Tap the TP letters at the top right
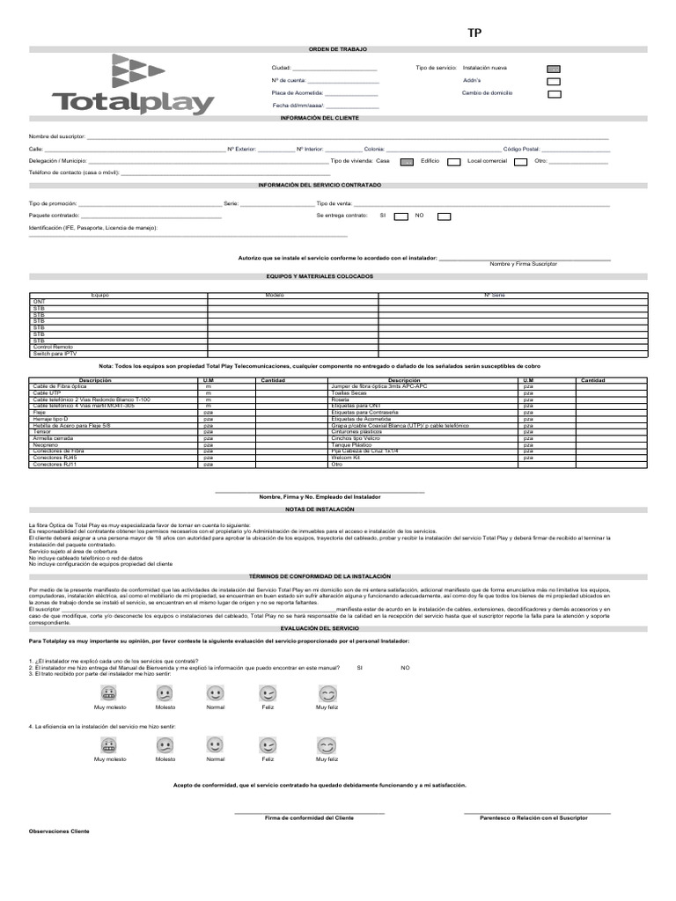coord(474,33)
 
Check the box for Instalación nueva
coord(554,68)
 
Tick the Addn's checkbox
coord(554,80)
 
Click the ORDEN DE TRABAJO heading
coord(337,49)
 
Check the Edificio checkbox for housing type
coord(454,162)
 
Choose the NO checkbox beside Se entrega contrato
coord(445,216)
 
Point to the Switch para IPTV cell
coord(55,353)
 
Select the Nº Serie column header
coord(495,296)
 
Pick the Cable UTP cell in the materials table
coord(48,393)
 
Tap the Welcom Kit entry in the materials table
coord(346,458)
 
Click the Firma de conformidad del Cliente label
coord(310,818)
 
